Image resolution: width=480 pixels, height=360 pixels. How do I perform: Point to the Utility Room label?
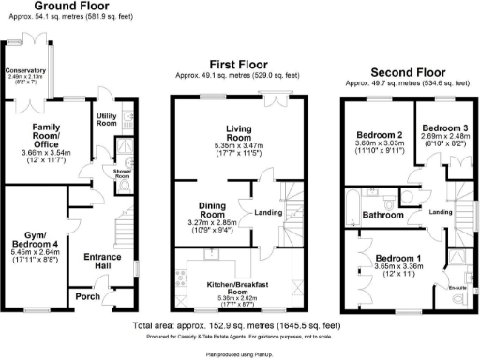click(x=104, y=118)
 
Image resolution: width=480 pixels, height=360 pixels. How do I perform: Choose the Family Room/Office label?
click(x=46, y=131)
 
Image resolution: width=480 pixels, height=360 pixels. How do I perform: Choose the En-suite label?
click(x=457, y=280)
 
